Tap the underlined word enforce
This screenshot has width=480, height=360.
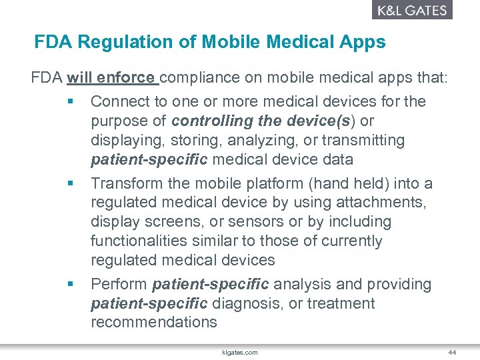(126, 78)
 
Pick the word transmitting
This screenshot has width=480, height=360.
(363, 141)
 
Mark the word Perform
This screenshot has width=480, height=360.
(119, 285)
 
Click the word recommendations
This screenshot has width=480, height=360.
(154, 323)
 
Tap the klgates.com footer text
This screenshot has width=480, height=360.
(240, 352)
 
